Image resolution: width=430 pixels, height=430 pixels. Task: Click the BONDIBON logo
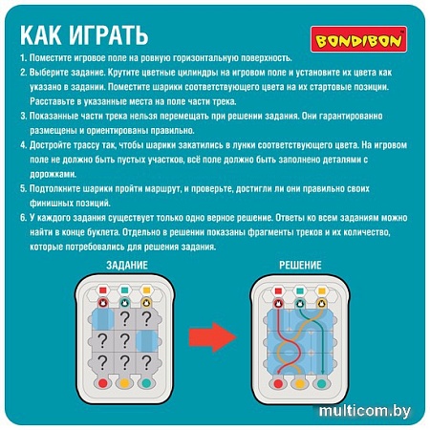coord(360,40)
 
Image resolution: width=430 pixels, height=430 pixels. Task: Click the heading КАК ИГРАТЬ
coord(84,36)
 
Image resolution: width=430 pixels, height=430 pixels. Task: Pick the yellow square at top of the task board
coord(148,286)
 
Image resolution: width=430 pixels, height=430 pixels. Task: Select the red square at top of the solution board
coord(274,286)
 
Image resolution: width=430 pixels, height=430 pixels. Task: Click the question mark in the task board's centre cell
coord(125,337)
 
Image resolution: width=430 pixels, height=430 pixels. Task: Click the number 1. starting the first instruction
coord(22,59)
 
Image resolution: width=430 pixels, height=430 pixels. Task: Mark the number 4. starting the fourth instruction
coord(22,140)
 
